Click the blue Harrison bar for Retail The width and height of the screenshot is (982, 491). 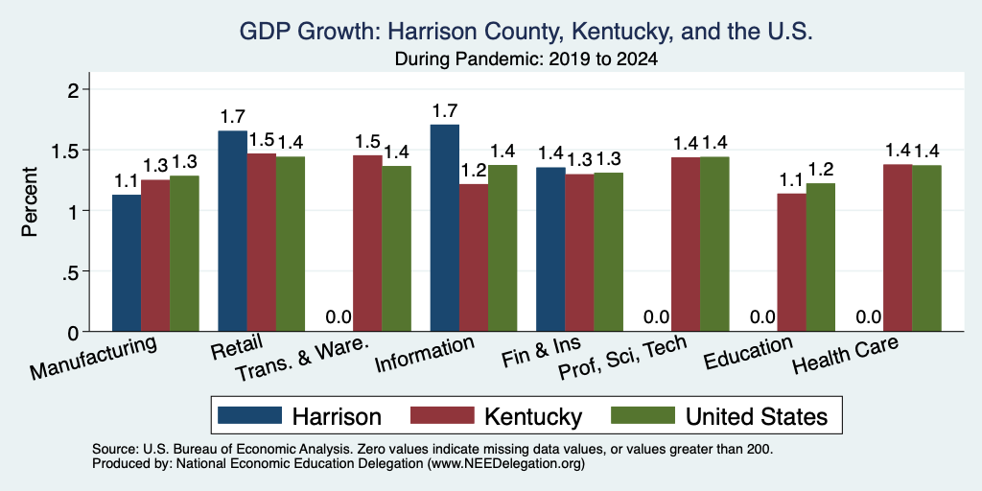pos(232,231)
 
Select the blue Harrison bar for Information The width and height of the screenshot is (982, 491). pos(445,228)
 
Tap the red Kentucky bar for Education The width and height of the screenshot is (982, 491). pos(791,263)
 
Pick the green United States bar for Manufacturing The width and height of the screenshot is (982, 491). pos(184,253)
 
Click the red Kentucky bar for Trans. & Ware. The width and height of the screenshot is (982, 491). pos(367,244)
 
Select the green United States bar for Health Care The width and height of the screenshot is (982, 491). pos(927,248)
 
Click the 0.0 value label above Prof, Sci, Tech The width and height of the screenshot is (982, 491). pos(656,316)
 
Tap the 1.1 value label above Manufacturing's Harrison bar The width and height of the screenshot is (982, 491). pos(126,181)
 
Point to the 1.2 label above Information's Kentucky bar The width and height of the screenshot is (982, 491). pos(473,171)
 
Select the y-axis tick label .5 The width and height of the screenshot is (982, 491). pos(70,271)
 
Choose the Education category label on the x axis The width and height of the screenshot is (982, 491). pos(748,354)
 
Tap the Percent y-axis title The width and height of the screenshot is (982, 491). pos(30,201)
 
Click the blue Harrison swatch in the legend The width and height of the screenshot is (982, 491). pos(249,416)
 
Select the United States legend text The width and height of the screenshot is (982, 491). pos(757,416)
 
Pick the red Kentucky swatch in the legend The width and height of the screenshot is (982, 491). pos(441,416)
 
